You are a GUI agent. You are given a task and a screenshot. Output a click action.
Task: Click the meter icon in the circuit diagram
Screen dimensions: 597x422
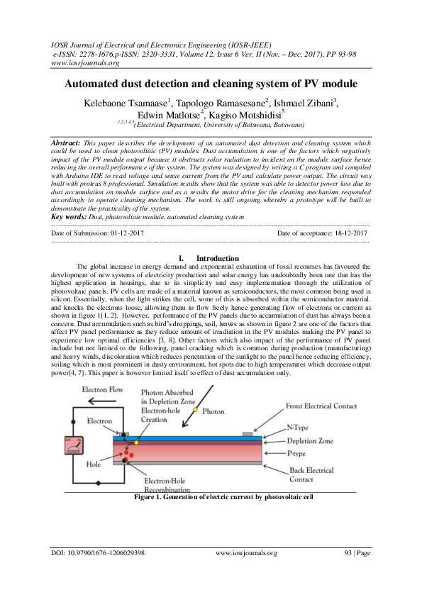(73, 445)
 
